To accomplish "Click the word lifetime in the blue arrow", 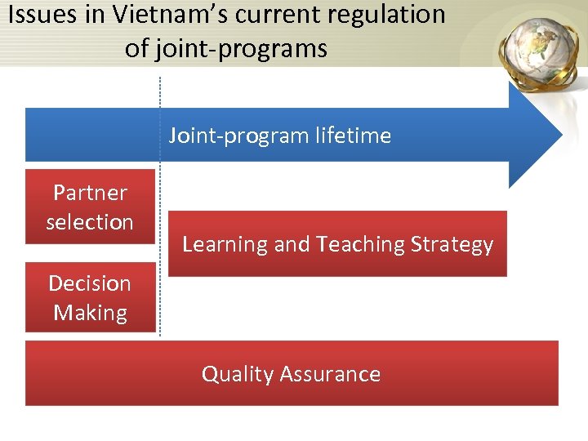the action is coord(354,136).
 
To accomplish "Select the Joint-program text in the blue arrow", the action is coord(240,136).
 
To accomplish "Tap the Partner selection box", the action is coord(90,207).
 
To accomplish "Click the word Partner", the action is coord(90,193).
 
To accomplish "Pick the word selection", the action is coord(90,222).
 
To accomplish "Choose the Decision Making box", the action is coord(90,297).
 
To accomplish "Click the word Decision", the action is coord(90,283).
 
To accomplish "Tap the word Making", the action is coord(90,313).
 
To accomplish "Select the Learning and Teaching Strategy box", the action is coord(337,243).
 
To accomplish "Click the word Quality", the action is coord(237,374).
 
